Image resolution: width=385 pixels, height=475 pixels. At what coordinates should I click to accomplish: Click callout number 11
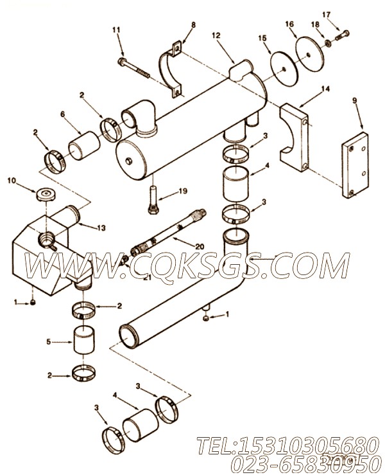click(116, 30)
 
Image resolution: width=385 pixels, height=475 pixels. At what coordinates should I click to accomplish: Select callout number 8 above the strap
click(175, 25)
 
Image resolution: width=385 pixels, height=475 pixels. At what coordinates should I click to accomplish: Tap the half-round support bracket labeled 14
click(295, 138)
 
